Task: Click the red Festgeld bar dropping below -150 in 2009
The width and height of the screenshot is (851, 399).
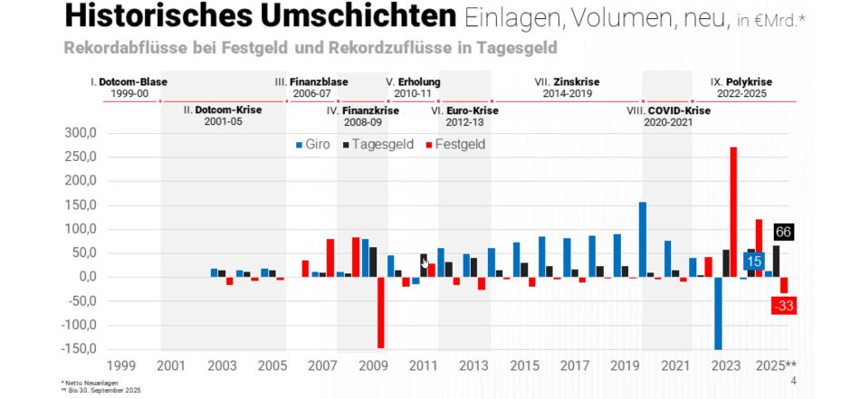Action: [x=380, y=312]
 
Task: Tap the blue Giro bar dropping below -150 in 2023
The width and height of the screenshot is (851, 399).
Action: [x=718, y=312]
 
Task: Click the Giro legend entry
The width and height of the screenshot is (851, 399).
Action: [x=312, y=145]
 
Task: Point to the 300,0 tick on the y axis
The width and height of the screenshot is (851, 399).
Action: [x=79, y=133]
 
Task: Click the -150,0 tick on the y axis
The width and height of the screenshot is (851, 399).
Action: [x=77, y=349]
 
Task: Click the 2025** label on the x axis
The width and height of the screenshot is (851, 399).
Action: [x=776, y=366]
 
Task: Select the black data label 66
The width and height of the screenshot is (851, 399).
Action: [x=784, y=233]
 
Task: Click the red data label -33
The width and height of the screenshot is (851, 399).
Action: [x=784, y=306]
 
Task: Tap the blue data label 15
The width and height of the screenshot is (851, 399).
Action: [x=753, y=261]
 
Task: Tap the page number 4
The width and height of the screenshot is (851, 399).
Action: [x=793, y=382]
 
